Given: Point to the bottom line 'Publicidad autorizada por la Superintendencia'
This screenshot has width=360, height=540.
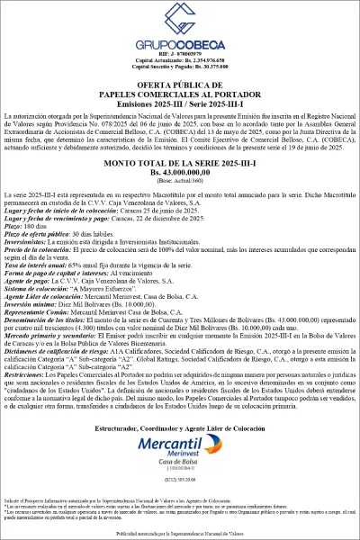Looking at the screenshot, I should [180, 533].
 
